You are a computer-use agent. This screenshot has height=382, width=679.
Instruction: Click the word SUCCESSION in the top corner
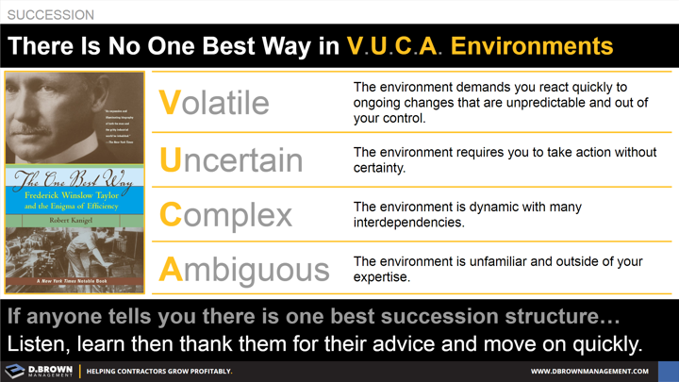pyautogui.click(x=51, y=15)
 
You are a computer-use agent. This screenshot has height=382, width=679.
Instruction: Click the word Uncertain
pyautogui.click(x=231, y=159)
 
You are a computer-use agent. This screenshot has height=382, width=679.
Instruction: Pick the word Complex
pyautogui.click(x=225, y=215)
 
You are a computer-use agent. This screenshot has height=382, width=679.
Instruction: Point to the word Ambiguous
pyautogui.click(x=244, y=270)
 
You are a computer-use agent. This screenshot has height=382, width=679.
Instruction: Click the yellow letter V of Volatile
pyautogui.click(x=169, y=102)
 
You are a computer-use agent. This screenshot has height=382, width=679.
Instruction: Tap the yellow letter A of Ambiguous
pyautogui.click(x=170, y=270)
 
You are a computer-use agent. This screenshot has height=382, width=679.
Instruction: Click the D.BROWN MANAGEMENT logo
pyautogui.click(x=38, y=371)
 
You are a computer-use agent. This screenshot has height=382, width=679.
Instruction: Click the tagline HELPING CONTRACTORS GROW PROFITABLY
pyautogui.click(x=159, y=372)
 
